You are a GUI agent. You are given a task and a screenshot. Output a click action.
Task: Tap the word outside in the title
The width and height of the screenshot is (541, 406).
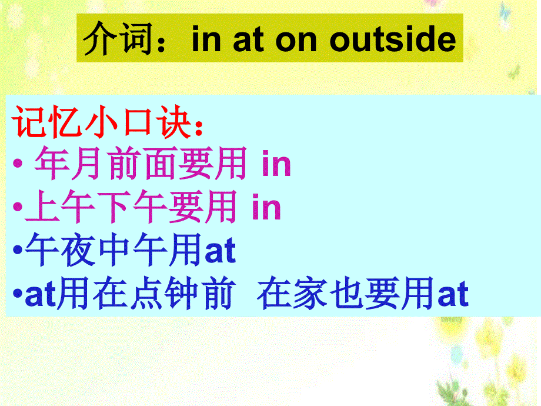393,40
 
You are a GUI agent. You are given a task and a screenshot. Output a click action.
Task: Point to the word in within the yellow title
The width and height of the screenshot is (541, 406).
205,40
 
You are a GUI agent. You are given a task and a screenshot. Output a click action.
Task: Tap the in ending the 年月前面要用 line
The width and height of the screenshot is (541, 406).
276,165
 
